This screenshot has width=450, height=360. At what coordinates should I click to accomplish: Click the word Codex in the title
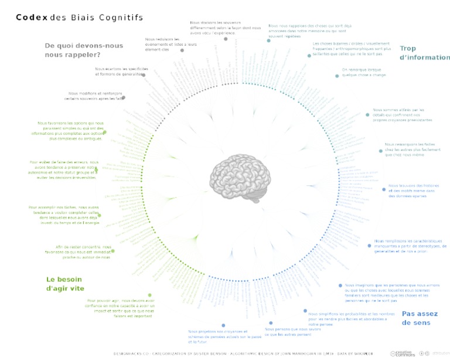click(x=32, y=18)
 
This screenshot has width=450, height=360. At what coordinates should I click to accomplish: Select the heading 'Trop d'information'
click(x=424, y=53)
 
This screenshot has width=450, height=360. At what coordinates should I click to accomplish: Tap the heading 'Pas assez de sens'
click(x=420, y=318)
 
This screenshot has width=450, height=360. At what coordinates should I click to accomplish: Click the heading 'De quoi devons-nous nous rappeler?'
click(x=84, y=50)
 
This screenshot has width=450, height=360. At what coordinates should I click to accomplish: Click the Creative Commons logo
click(x=403, y=353)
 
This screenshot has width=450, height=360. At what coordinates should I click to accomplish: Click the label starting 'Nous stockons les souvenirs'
click(x=225, y=28)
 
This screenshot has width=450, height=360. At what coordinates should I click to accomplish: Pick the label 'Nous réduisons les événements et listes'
click(x=163, y=45)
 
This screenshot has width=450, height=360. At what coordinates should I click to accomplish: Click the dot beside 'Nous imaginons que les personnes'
click(x=340, y=286)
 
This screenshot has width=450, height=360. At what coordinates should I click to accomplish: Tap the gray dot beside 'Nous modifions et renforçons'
click(x=124, y=97)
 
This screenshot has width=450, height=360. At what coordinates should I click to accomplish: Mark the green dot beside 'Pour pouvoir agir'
click(x=149, y=295)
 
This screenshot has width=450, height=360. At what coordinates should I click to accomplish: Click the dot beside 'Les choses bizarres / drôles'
click(x=309, y=56)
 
